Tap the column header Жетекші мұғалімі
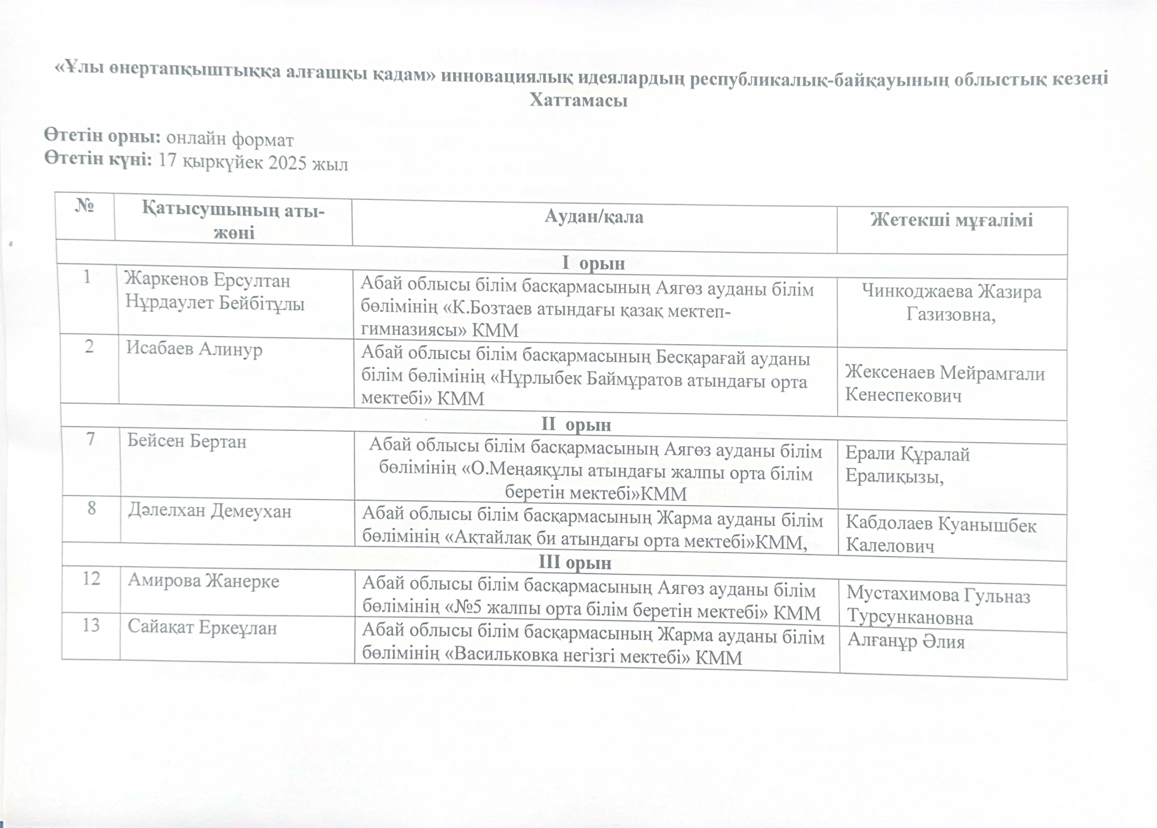point(951,220)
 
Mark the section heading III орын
point(575,562)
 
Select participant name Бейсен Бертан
point(187,441)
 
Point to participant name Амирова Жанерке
point(204,581)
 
